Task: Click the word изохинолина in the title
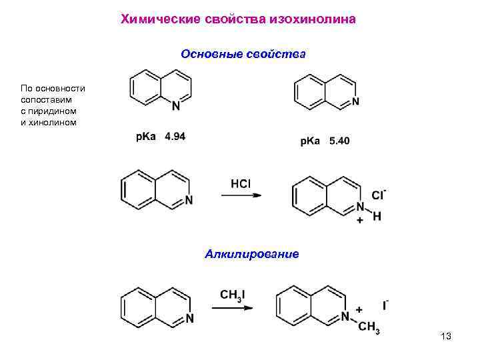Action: (313, 19)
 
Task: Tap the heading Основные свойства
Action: (243, 53)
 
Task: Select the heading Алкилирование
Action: (252, 254)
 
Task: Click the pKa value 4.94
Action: (175, 136)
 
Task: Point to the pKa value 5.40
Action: (339, 141)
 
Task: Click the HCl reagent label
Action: (241, 183)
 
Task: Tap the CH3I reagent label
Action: (232, 294)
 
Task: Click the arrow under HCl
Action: (241, 195)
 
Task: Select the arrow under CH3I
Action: (232, 307)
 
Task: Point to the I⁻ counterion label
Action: (385, 306)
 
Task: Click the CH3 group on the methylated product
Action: (368, 327)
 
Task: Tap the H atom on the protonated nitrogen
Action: (377, 217)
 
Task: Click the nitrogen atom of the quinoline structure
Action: (176, 105)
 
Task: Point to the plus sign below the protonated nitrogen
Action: (360, 219)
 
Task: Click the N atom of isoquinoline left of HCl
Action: (189, 200)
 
